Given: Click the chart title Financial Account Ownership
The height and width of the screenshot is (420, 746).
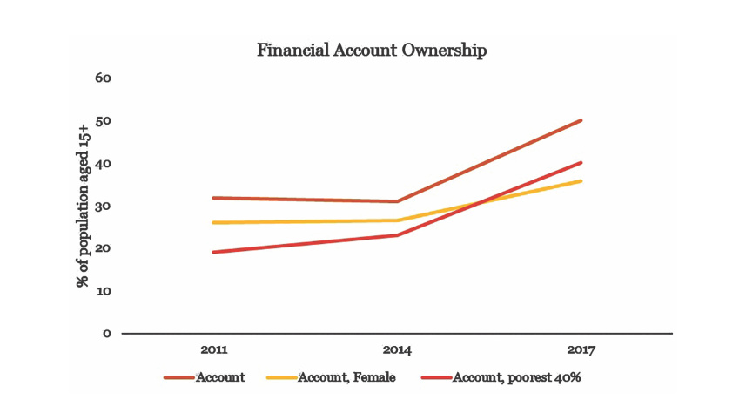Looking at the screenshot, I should click(372, 50).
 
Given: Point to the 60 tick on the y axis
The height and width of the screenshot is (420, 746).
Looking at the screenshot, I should click(104, 78).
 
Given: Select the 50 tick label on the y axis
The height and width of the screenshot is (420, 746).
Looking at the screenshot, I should click(104, 120).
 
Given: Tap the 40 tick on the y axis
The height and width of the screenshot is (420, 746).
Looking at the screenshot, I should click(104, 163).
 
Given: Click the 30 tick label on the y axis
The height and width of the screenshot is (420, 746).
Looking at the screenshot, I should click(104, 206).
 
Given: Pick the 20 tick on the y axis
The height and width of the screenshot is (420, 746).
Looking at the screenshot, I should click(104, 248).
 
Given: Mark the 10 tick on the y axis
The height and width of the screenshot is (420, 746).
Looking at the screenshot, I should click(104, 290).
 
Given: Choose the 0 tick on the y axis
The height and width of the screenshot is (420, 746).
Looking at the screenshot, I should click(106, 333).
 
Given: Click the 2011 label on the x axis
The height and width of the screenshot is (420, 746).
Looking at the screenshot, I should click(214, 350).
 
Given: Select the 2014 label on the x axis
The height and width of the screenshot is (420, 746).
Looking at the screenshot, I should click(397, 350).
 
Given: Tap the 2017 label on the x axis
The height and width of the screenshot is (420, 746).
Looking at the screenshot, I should click(581, 350).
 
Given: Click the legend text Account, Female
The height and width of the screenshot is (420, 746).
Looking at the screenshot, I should click(347, 377).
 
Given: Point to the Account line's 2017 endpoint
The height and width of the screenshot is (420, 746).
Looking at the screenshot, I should click(581, 120).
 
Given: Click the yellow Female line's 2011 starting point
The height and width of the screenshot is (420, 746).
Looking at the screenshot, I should click(214, 222).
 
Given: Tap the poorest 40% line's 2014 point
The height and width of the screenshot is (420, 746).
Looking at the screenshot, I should click(397, 235).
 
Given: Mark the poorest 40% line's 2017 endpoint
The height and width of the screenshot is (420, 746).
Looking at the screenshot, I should click(581, 162).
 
